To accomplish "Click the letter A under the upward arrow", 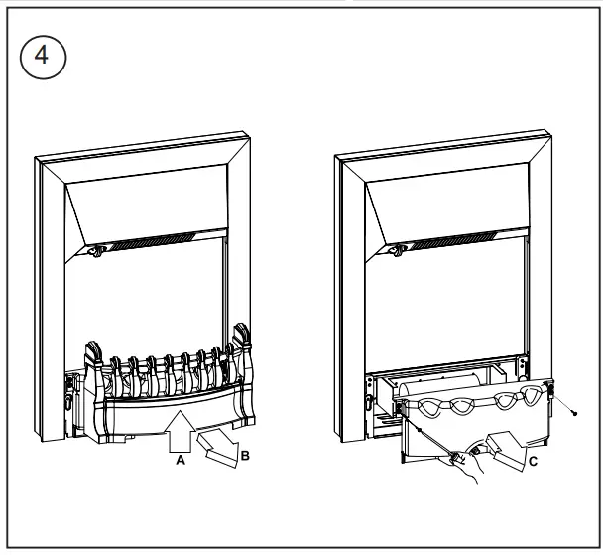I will pyautogui.click(x=180, y=461).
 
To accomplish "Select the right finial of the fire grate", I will pyautogui.click(x=241, y=339).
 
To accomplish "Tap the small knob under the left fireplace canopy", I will pyautogui.click(x=96, y=253).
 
